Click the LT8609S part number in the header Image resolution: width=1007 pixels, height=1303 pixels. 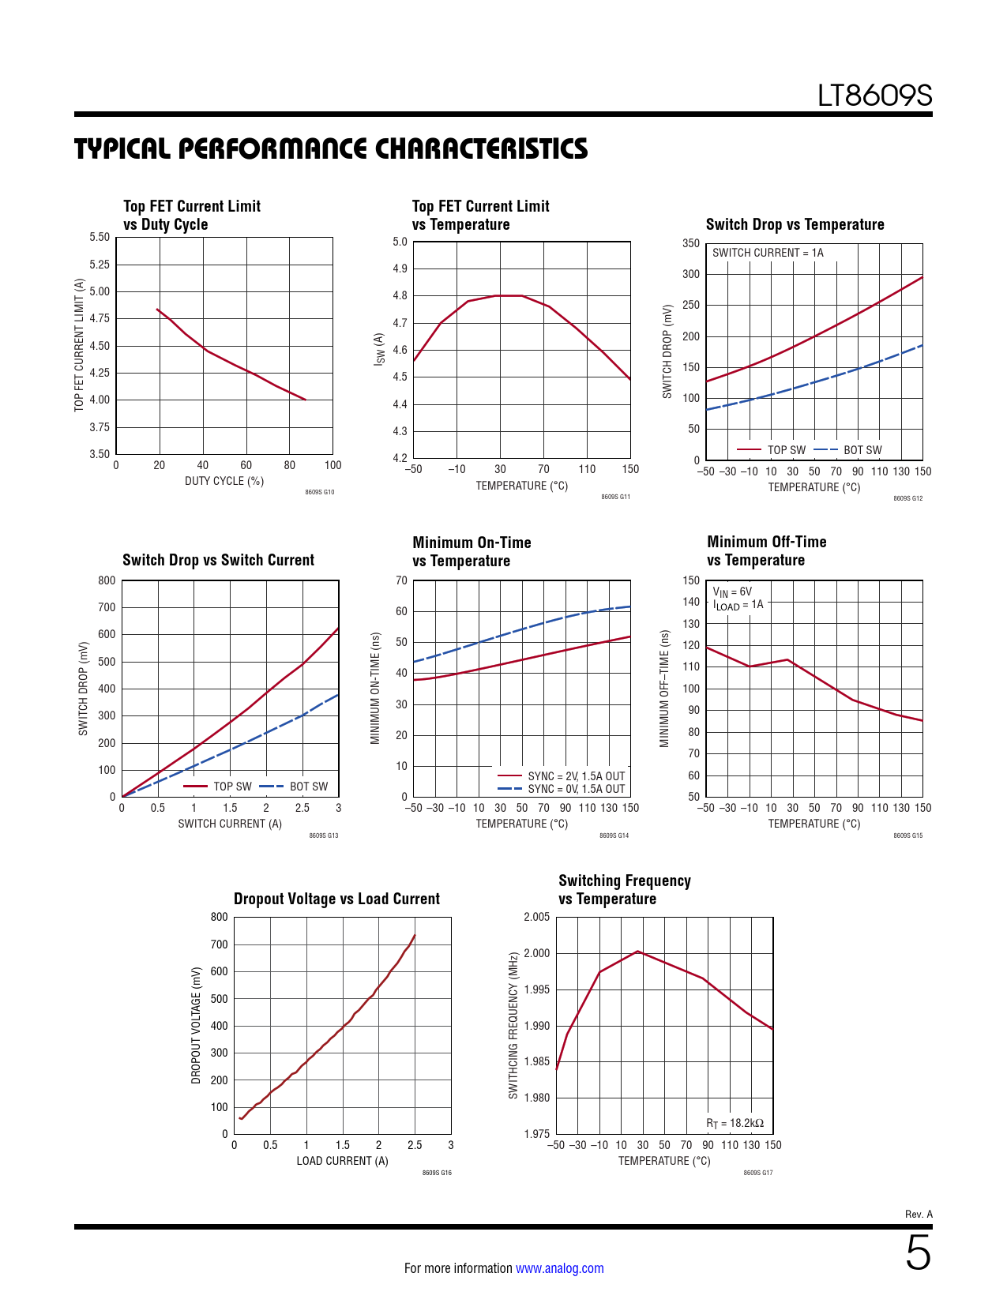pos(874,96)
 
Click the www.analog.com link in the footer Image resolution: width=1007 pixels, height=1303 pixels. pos(559,1268)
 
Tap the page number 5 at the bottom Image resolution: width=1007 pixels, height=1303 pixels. pos(918,1253)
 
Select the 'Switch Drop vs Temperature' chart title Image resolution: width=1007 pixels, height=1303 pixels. pos(795,224)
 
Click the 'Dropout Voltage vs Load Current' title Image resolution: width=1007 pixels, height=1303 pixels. pos(336,899)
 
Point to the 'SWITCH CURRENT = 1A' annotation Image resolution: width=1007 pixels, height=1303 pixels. pos(768,253)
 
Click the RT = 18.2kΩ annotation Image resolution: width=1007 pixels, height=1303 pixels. pos(735,1123)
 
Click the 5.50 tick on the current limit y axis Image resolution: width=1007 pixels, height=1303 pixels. pos(100,237)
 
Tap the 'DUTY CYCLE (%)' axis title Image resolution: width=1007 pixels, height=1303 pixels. pos(224,481)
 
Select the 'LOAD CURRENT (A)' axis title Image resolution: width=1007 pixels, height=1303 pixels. pos(342,1161)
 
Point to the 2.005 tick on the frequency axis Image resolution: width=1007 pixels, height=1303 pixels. pos(537,917)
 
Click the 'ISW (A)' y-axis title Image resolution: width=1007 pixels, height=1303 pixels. pos(379,349)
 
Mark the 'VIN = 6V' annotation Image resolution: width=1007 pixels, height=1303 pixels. pos(732,591)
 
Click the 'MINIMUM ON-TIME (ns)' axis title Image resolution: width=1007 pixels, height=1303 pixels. pos(376,688)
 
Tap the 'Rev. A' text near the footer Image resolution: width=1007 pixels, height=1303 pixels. pos(919,1214)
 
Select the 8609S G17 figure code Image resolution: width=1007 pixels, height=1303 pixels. pos(757,1173)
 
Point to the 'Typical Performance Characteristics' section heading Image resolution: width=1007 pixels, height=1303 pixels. pos(331,148)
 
